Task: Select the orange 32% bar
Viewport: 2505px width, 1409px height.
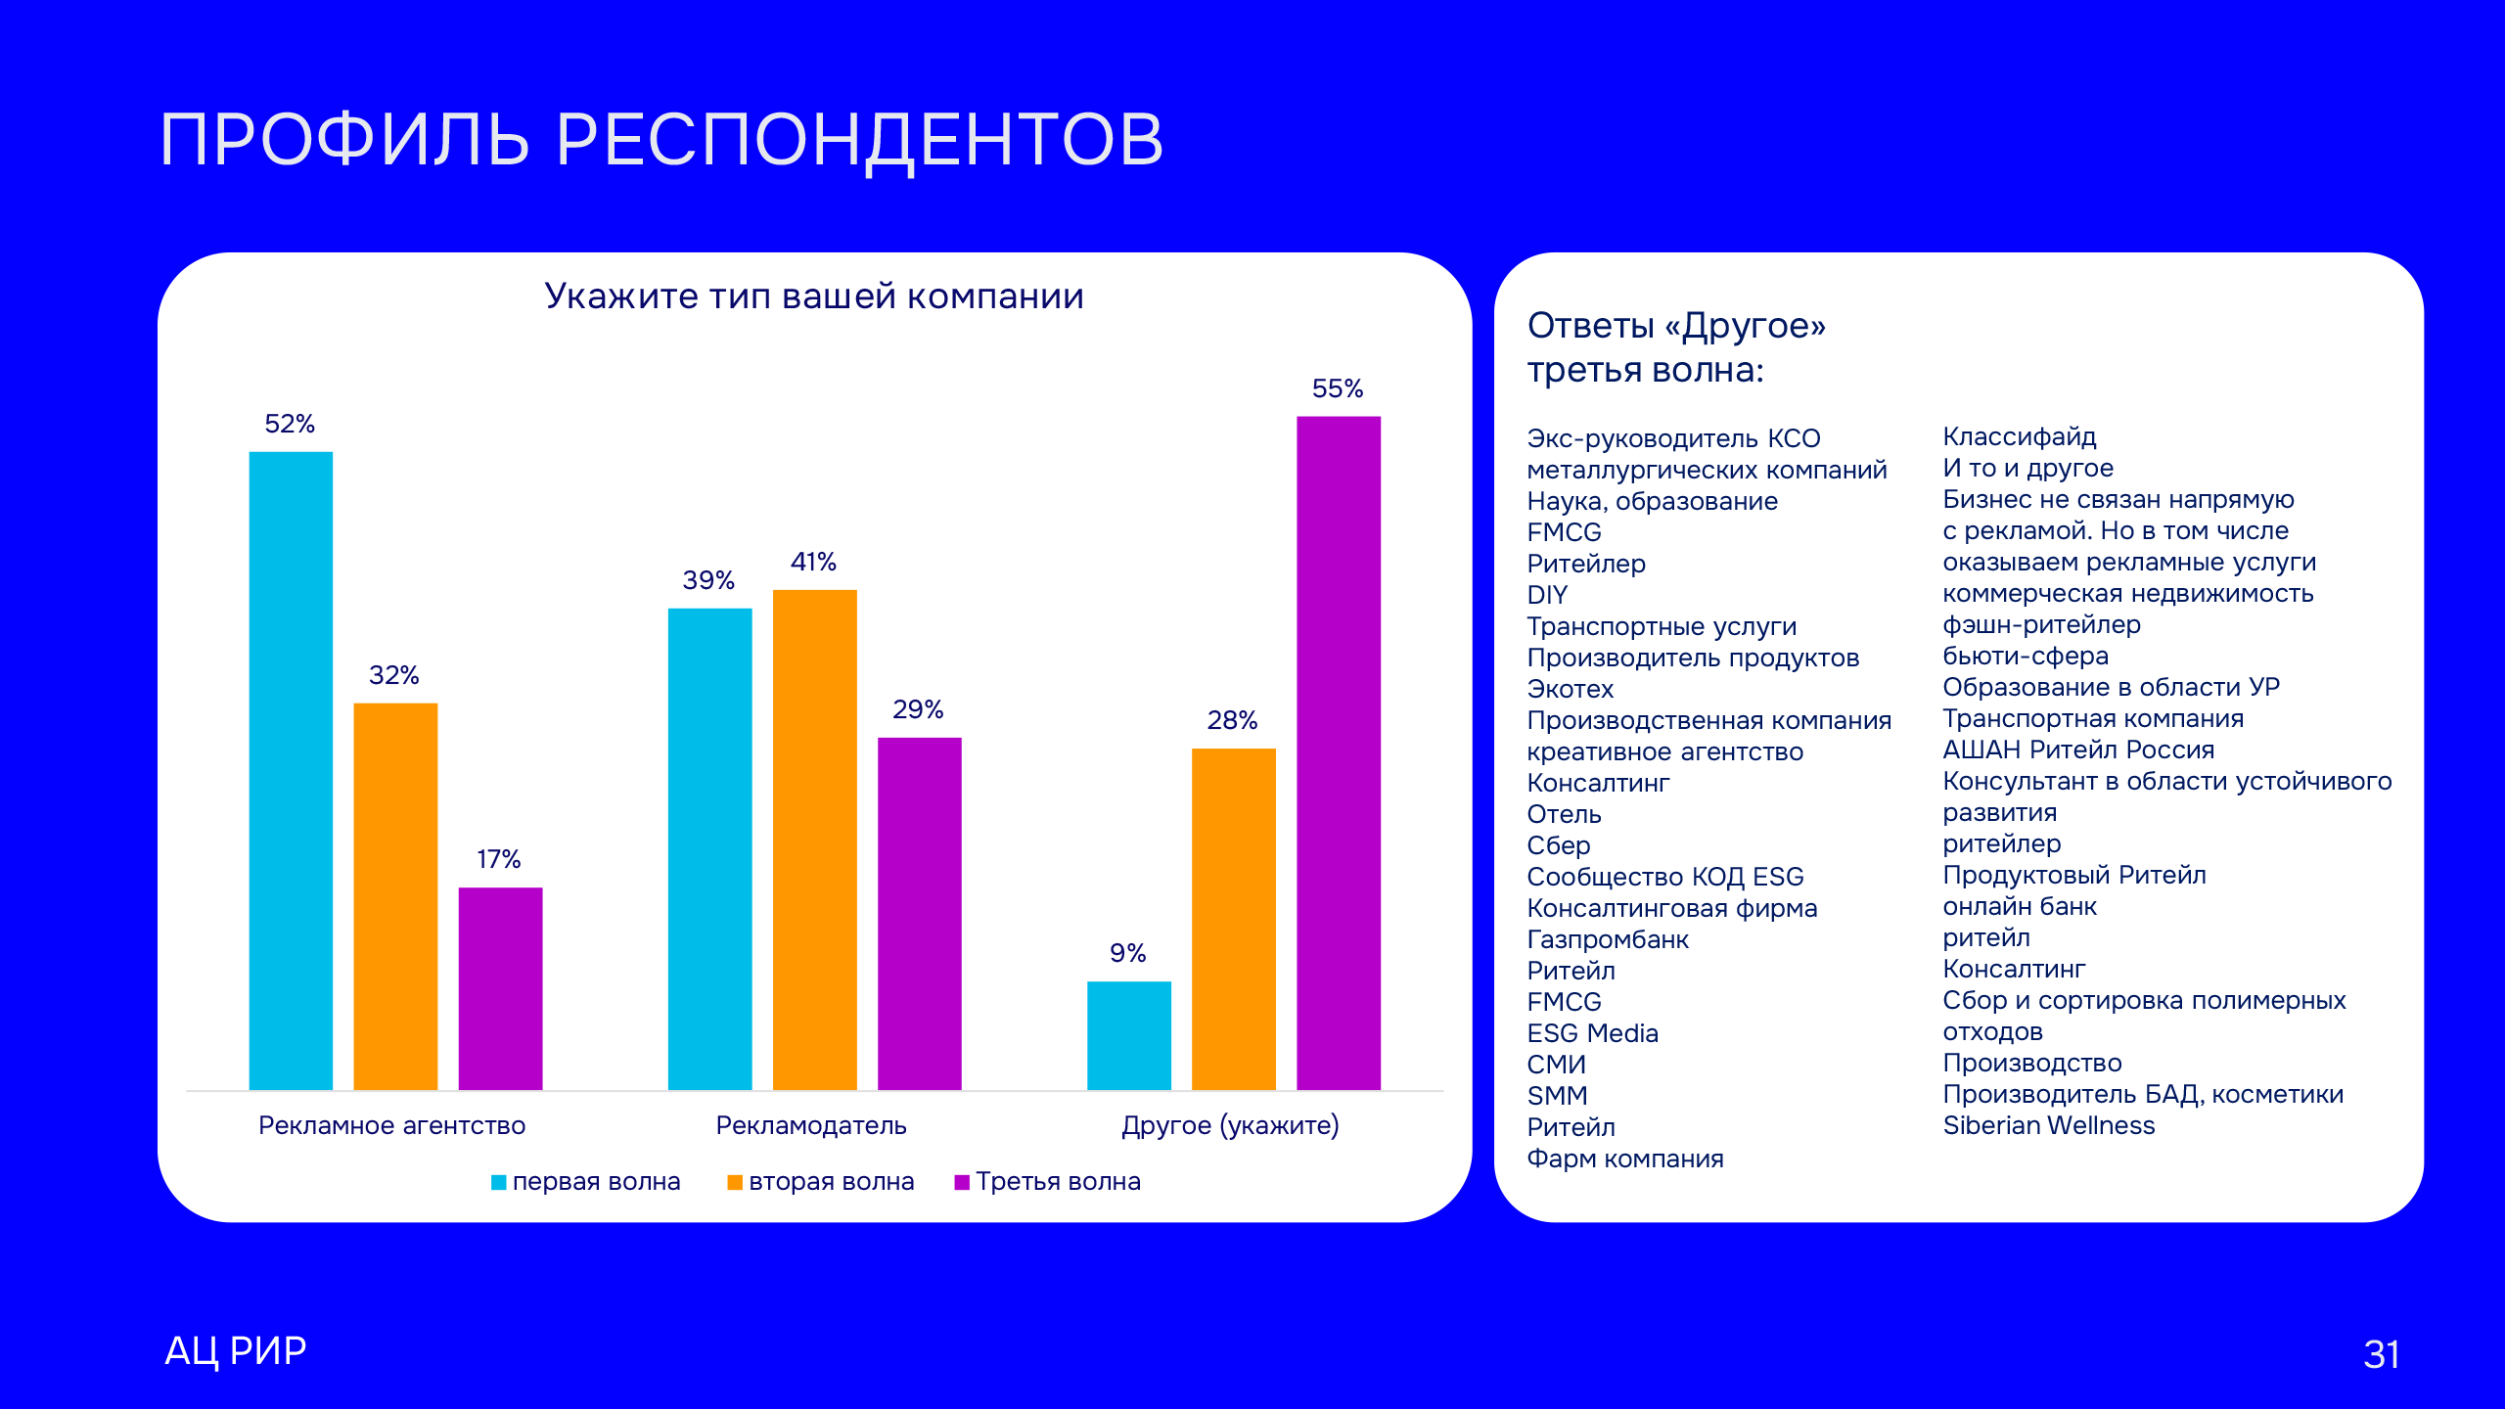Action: tap(395, 895)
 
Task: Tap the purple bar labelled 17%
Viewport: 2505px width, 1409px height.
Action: tap(500, 988)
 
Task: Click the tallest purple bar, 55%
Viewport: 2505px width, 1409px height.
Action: tap(1338, 752)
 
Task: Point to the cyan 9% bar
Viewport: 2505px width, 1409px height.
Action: tap(1128, 1035)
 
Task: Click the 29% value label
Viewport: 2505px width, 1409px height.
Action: tap(918, 709)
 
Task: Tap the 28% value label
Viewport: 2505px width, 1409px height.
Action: tap(1232, 720)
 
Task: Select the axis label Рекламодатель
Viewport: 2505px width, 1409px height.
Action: tap(811, 1125)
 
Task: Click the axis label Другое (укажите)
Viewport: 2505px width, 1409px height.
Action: tap(1230, 1125)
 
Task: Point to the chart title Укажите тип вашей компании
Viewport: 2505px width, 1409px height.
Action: tap(814, 295)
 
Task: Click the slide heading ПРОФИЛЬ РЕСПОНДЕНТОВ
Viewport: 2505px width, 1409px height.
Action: tap(661, 139)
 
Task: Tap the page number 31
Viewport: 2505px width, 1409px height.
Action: tap(2381, 1354)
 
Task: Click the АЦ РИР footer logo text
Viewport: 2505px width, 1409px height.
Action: tap(236, 1350)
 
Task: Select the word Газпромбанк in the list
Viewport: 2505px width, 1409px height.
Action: tap(1608, 939)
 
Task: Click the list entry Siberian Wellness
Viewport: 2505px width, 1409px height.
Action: tap(2048, 1125)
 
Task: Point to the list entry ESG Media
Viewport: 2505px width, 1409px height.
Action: tap(1592, 1033)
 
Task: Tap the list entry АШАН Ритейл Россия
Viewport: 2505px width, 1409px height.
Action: tap(2078, 750)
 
